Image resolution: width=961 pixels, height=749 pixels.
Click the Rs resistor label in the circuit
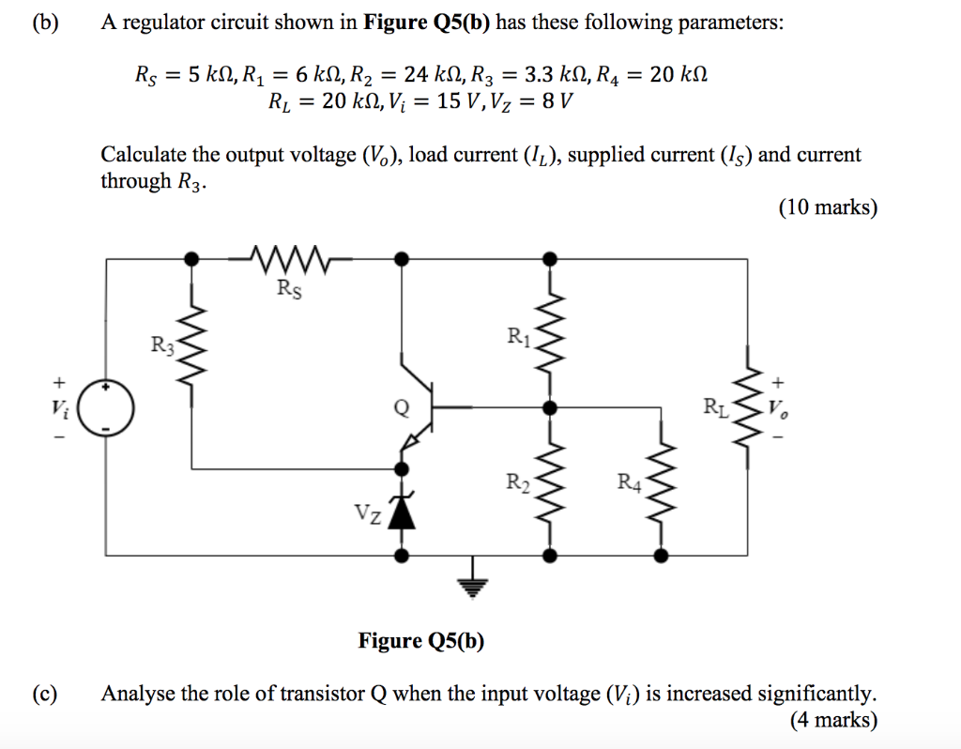289,289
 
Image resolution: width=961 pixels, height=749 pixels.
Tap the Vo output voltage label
778,408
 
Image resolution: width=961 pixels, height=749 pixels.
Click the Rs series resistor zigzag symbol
288,255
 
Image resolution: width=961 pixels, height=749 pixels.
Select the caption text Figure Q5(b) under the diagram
421,640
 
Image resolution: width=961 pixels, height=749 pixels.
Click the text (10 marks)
827,207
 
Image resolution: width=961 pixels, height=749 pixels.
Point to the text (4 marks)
833,720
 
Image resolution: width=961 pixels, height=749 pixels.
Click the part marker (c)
43,694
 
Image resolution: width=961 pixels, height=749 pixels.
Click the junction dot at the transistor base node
550,408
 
